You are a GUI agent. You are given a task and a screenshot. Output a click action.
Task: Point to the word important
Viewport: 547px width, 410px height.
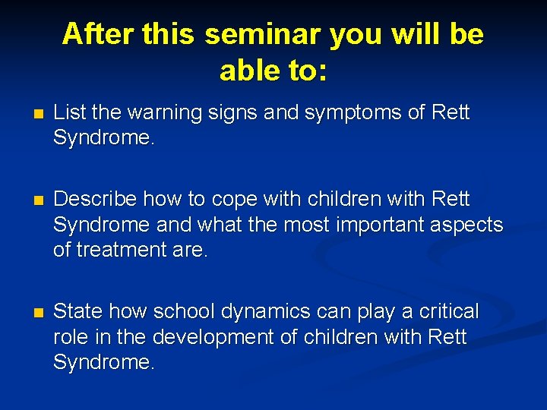click(367, 225)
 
